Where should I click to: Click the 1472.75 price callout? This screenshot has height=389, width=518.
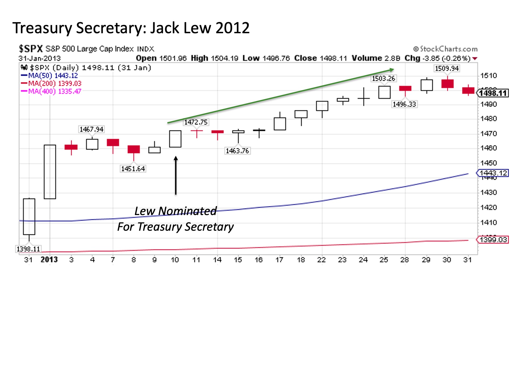point(196,122)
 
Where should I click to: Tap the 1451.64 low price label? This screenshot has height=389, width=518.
point(133,169)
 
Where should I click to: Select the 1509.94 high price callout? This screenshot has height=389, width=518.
point(447,68)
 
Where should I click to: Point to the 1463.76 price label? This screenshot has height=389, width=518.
point(237,151)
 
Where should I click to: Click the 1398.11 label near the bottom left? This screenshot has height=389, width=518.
point(28,249)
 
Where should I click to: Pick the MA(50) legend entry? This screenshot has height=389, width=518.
point(50,76)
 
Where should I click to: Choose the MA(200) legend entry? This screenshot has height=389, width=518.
point(51,83)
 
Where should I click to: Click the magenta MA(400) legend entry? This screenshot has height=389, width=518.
point(51,91)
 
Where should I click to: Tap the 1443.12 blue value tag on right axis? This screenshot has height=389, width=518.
point(493,173)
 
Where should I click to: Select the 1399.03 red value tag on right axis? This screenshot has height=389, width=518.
point(493,240)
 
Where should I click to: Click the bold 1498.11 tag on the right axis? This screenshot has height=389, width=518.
point(493,93)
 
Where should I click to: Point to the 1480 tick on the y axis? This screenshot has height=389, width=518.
point(489,119)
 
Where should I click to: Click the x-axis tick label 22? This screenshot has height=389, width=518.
point(321,260)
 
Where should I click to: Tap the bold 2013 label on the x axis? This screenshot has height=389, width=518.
point(49,260)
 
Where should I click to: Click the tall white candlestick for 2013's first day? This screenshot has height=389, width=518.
point(50,172)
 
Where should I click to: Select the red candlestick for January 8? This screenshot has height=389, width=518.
point(134,149)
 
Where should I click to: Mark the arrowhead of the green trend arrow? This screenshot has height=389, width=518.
point(392,70)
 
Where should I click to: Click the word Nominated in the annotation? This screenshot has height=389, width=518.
point(187,211)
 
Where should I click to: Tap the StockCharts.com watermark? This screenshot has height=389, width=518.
point(445,49)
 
